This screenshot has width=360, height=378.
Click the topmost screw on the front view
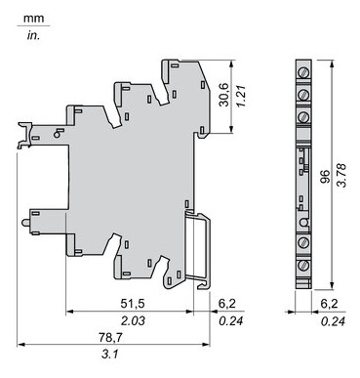point(304,73)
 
